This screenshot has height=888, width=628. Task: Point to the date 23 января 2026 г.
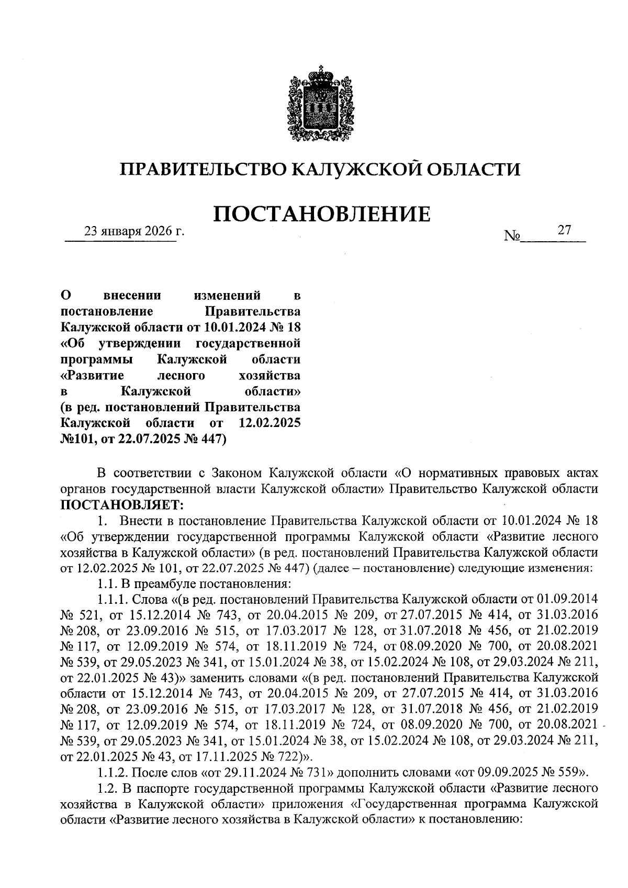[135, 231]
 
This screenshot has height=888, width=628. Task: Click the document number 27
[564, 230]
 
